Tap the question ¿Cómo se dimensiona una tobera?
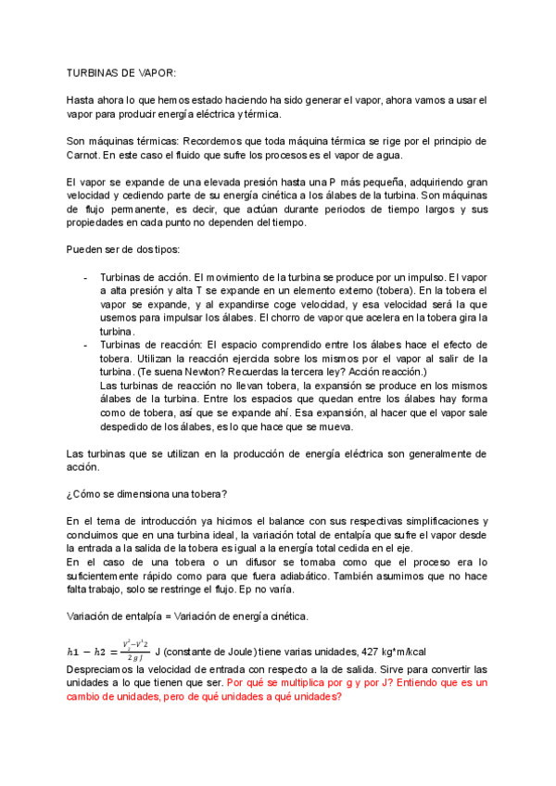pyautogui.click(x=146, y=496)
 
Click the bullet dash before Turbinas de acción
pyautogui.click(x=86, y=277)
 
